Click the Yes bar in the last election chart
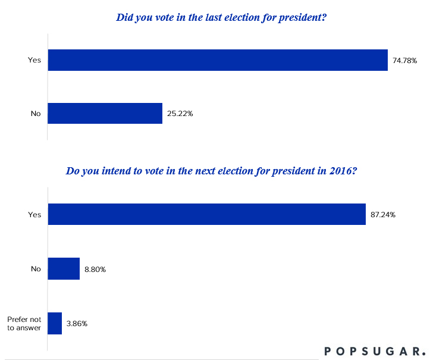point(218,60)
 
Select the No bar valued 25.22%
point(105,113)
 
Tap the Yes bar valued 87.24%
point(206,214)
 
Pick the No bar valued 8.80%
point(63,269)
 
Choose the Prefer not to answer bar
point(55,323)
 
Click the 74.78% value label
point(404,61)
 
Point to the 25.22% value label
point(180,113)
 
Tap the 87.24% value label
point(383,214)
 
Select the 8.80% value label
point(95,269)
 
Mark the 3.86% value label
point(77,324)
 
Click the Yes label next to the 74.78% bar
point(34,61)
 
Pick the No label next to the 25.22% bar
point(36,113)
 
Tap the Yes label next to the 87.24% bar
point(34,214)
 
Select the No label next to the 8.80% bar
point(36,269)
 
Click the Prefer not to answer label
point(24,323)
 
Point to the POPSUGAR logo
point(375,350)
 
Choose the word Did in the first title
point(124,18)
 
